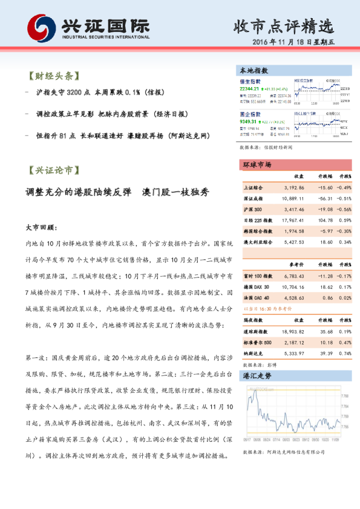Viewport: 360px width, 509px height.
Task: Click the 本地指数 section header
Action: [x=254, y=70]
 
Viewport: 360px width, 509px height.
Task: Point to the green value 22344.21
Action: [x=249, y=88]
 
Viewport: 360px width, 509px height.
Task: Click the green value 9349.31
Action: [x=249, y=121]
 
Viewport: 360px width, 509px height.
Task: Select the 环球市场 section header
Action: [x=257, y=164]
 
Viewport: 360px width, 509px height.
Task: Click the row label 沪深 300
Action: [x=253, y=209]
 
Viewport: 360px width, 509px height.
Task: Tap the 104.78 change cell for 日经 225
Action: [x=324, y=220]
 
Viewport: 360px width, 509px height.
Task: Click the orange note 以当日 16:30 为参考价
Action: [x=266, y=308]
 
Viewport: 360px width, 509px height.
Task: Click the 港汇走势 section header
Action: [x=257, y=376]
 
